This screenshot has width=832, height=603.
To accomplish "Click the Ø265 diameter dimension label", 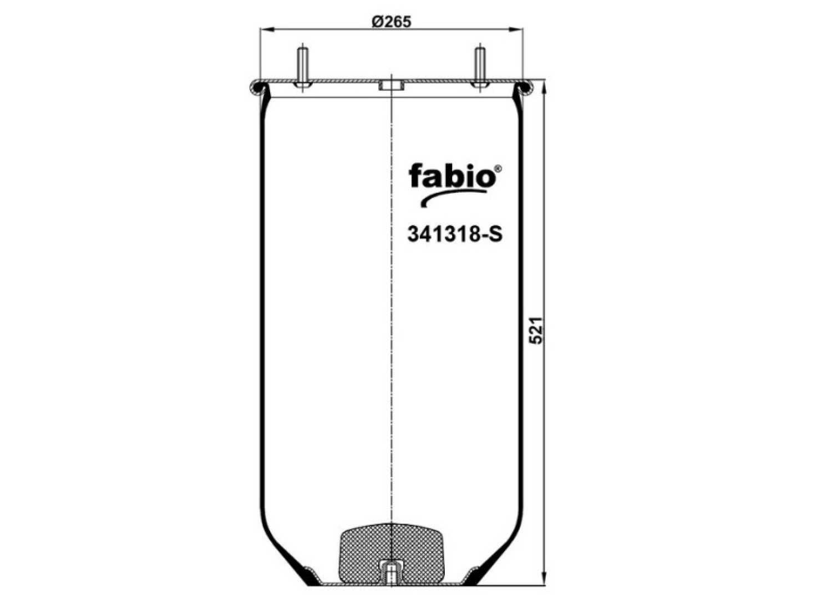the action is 391,22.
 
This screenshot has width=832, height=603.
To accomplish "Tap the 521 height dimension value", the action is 536,330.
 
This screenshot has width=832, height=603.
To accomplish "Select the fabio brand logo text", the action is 452,175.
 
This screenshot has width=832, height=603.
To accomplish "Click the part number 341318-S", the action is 455,234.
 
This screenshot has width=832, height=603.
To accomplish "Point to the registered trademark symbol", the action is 498,168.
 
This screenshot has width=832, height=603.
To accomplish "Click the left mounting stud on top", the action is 302,67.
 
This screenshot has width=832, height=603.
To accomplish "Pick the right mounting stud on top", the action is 480,67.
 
